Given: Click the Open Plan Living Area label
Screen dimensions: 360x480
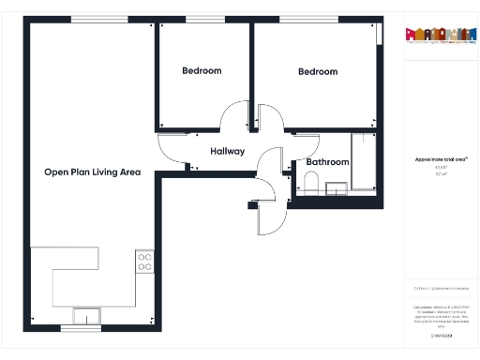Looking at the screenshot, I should click(x=92, y=172).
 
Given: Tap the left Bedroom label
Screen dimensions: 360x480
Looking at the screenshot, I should click(x=202, y=71).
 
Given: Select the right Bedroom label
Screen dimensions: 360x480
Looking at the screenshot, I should click(x=318, y=72).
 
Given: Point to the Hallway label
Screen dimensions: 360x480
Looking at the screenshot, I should click(x=227, y=151).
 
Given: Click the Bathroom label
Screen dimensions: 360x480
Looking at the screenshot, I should click(x=327, y=162).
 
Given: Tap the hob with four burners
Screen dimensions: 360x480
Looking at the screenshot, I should click(x=144, y=262).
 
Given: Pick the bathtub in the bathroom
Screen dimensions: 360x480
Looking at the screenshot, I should click(x=364, y=164).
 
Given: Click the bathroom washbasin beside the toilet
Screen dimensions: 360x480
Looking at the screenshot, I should click(x=336, y=188).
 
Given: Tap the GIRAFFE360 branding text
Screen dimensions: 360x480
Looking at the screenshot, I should click(x=440, y=335).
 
